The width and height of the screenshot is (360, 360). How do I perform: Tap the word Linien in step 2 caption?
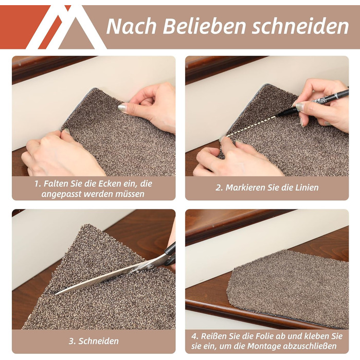point(307,188)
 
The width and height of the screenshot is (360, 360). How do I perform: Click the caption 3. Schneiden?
point(94,341)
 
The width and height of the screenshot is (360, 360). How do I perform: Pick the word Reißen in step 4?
point(211,336)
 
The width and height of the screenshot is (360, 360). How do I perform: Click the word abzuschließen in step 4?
point(310,346)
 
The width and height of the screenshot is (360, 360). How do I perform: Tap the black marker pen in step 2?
point(313,102)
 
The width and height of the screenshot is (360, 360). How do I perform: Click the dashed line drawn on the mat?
point(251,127)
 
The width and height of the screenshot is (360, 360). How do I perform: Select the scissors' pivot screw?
point(150,267)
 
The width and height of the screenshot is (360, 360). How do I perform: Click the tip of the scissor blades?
point(56,294)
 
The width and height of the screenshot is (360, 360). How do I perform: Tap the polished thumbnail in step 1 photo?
point(122,107)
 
